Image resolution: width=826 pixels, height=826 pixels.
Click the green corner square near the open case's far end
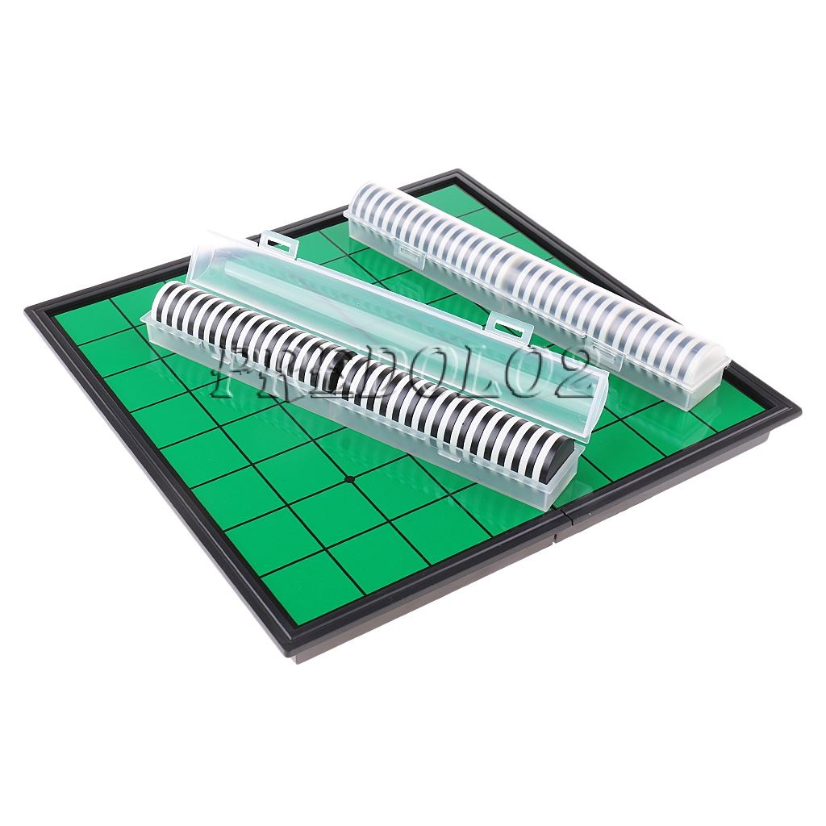tap(80, 323)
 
